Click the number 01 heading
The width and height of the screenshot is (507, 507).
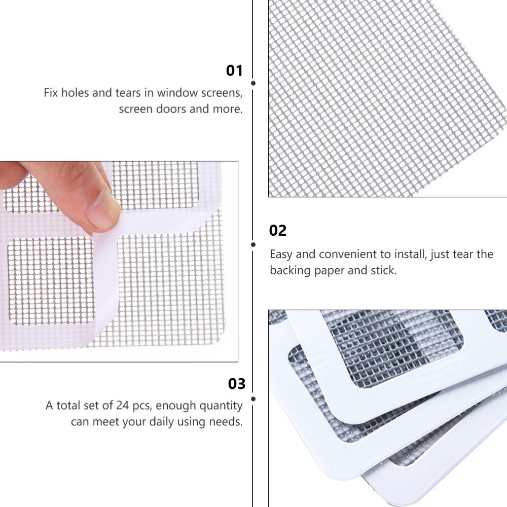234,70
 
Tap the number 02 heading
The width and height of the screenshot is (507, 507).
278,231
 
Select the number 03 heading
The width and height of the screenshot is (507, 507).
237,384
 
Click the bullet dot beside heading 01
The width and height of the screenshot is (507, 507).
253,83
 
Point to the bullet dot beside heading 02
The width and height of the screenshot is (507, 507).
253,244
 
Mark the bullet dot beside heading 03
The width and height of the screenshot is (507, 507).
253,399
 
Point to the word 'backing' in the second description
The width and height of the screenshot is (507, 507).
290,270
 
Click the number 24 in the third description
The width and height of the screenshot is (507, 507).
123,406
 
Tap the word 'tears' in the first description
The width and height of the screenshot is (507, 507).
128,93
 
